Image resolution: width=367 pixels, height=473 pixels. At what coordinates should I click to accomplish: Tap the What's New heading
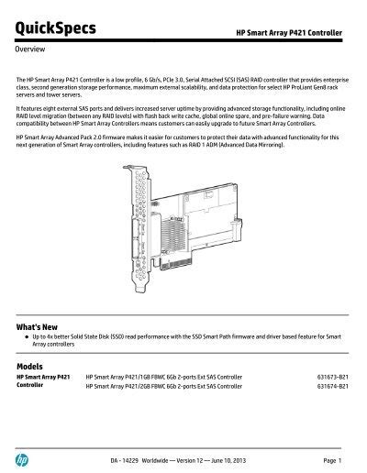(40, 326)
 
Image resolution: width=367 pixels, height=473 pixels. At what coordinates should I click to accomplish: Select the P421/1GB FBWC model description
(163, 376)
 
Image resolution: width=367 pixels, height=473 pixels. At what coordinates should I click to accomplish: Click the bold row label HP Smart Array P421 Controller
(44, 380)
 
